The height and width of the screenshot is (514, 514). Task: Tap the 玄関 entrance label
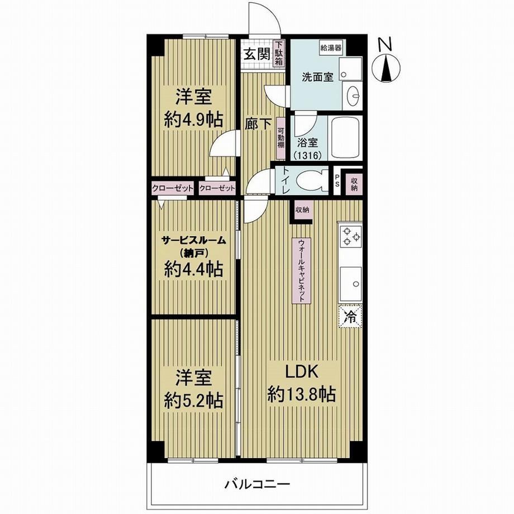point(257,54)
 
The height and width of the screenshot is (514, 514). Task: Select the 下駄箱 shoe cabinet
point(279,53)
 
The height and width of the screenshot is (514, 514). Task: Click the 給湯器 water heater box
point(331,48)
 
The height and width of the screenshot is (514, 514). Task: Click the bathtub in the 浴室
point(346,137)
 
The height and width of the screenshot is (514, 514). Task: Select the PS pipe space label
point(337,180)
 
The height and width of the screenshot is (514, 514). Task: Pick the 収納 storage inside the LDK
point(302,210)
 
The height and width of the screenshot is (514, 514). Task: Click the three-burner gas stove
point(351,237)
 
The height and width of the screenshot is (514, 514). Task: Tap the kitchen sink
point(351,284)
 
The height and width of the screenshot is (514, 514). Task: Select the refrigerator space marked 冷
point(350,317)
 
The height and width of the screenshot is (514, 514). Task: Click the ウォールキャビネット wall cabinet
point(302,270)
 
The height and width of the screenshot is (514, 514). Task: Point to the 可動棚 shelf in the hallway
point(280,139)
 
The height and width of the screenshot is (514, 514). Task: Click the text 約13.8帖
point(302,394)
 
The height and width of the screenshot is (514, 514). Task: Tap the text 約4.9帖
point(194,120)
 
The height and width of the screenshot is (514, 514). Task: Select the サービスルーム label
point(194,240)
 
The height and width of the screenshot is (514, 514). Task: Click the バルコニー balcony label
point(258,484)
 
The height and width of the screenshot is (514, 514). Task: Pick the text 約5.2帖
point(194,400)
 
